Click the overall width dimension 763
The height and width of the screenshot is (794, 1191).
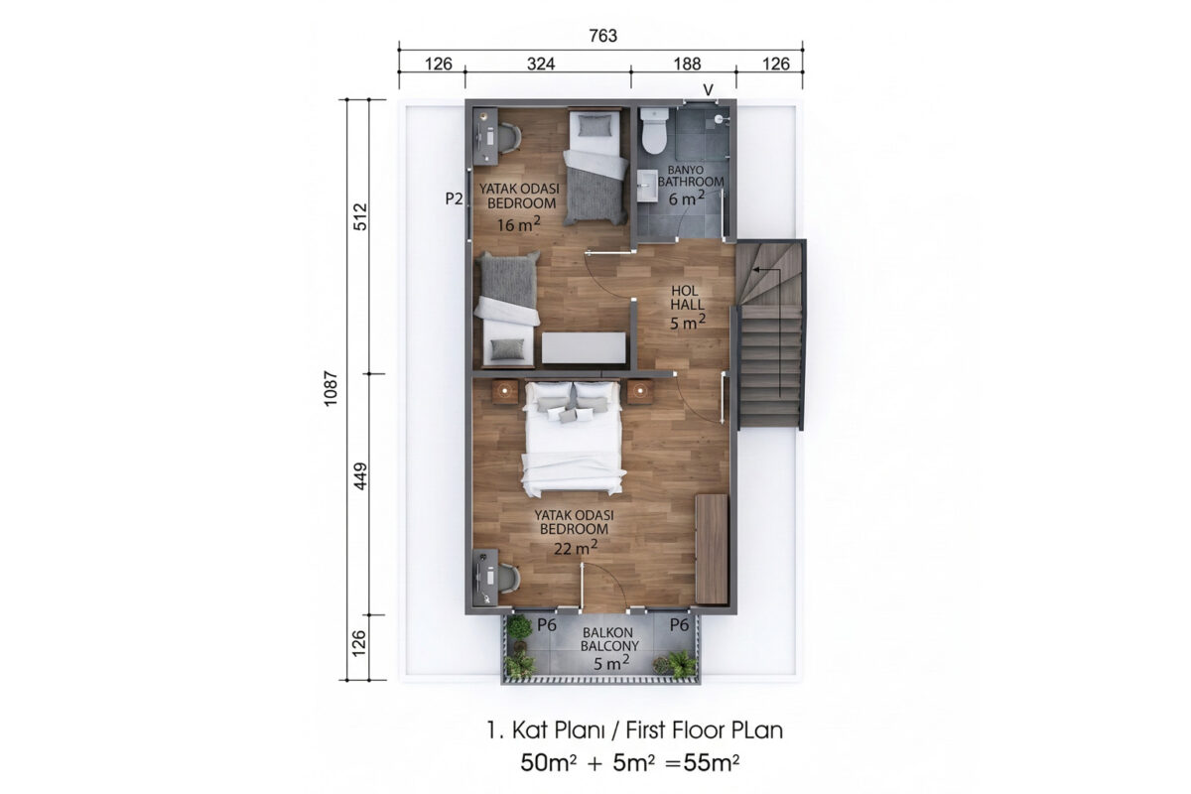point(603,36)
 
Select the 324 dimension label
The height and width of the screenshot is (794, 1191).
point(541,64)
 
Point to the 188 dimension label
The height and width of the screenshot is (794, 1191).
point(687,64)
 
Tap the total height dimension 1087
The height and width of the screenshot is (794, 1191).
point(331,389)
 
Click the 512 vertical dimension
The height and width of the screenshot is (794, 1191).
point(360,216)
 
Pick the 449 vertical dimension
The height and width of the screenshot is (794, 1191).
point(360,476)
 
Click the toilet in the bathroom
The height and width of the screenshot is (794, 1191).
point(653,131)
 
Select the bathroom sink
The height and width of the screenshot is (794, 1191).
point(647,186)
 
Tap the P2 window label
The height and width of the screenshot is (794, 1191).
point(454,198)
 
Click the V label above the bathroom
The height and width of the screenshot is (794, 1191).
point(709,90)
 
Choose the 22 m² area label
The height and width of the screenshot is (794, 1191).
point(576,547)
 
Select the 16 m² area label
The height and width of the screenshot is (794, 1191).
point(518,224)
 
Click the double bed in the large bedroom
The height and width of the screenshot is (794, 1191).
point(572,439)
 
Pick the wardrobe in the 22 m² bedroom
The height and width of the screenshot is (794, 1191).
point(712,549)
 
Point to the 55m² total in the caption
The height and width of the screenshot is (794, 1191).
point(711,763)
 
